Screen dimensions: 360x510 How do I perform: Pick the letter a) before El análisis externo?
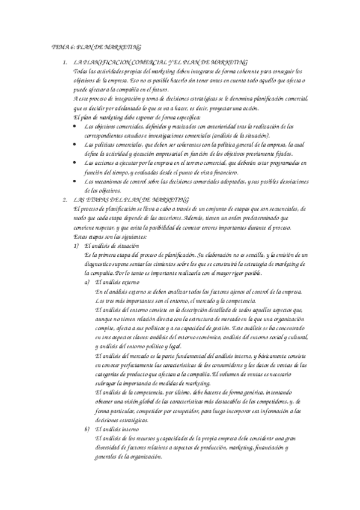(x=88, y=282)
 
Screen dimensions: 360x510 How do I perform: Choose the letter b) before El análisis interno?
(x=88, y=429)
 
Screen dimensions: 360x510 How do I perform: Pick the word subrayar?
(x=107, y=382)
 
